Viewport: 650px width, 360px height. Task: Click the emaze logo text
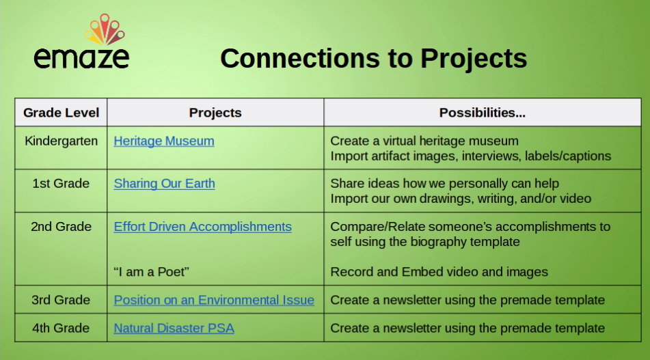[x=81, y=58]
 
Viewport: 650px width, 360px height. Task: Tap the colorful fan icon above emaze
[x=105, y=29]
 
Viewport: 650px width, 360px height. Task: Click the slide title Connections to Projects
[x=373, y=58]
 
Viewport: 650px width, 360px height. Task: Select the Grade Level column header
[x=61, y=113]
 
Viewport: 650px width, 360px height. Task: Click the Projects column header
[x=215, y=113]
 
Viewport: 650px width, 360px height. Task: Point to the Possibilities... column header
[x=482, y=113]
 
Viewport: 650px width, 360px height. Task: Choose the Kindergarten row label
[x=61, y=141]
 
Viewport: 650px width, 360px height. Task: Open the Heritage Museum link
[x=164, y=141]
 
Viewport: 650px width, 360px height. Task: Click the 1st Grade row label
[x=61, y=184]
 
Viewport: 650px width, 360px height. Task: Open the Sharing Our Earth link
[x=164, y=184]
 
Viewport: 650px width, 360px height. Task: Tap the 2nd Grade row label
[x=61, y=227]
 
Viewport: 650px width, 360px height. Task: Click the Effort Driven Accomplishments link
[x=203, y=227]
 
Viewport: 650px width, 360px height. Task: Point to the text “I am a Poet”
[x=151, y=272]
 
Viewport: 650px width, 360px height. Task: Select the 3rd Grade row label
[x=61, y=300]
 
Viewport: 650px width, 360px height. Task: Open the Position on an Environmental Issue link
[x=214, y=300]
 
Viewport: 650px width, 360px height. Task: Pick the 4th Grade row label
[x=61, y=328]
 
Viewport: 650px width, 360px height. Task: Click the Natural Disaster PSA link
[x=174, y=328]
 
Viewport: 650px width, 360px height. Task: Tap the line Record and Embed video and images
[x=439, y=272]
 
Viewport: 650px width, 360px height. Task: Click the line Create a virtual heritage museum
[x=424, y=141]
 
